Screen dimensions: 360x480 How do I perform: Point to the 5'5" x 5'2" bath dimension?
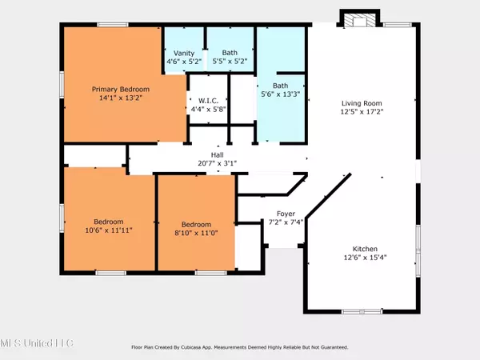[x=230, y=62]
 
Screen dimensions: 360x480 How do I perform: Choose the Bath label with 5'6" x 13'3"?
[x=281, y=86]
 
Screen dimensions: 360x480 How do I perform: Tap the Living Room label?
[x=362, y=103]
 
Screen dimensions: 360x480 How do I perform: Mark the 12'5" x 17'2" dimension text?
[x=362, y=113]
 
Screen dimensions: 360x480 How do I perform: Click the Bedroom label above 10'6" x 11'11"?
[x=108, y=221]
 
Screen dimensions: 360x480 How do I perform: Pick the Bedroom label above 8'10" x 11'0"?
[x=197, y=225]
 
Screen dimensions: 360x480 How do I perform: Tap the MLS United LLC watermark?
[x=37, y=343]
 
